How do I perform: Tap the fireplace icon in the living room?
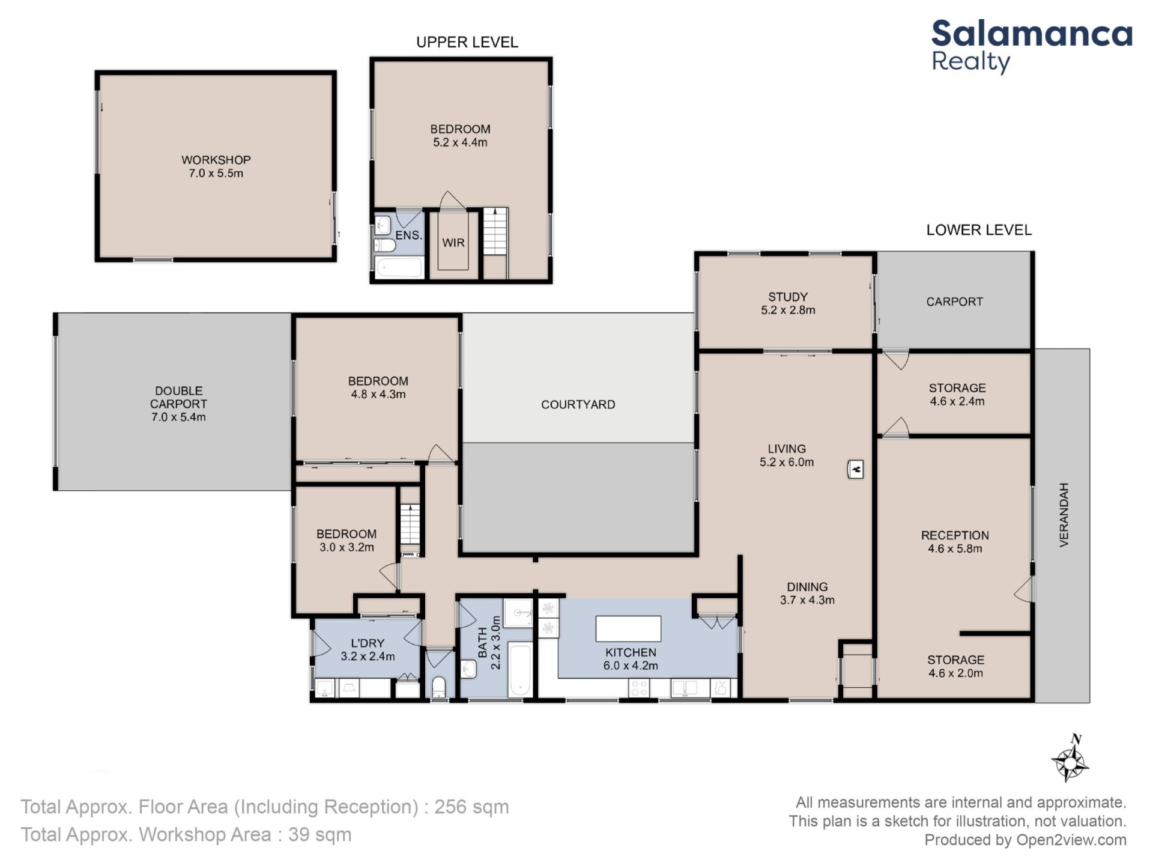pyautogui.click(x=855, y=469)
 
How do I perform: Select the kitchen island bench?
pyautogui.click(x=628, y=628)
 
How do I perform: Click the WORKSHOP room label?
pyautogui.click(x=216, y=160)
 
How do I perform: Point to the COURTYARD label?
pyautogui.click(x=578, y=405)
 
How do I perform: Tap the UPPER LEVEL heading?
pyautogui.click(x=467, y=42)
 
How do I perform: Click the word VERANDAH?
pyautogui.click(x=1064, y=515)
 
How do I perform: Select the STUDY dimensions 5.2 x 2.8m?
pyautogui.click(x=788, y=311)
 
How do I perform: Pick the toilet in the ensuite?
pyautogui.click(x=384, y=245)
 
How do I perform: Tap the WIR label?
pyautogui.click(x=453, y=243)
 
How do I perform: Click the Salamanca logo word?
pyautogui.click(x=1032, y=34)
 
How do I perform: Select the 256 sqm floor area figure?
pyautogui.click(x=471, y=807)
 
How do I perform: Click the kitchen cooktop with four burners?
pyautogui.click(x=640, y=688)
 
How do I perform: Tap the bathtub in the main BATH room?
pyautogui.click(x=520, y=670)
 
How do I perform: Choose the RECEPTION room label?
pyautogui.click(x=955, y=535)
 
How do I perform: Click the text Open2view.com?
pyautogui.click(x=1071, y=840)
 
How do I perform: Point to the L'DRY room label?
pyautogui.click(x=368, y=643)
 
